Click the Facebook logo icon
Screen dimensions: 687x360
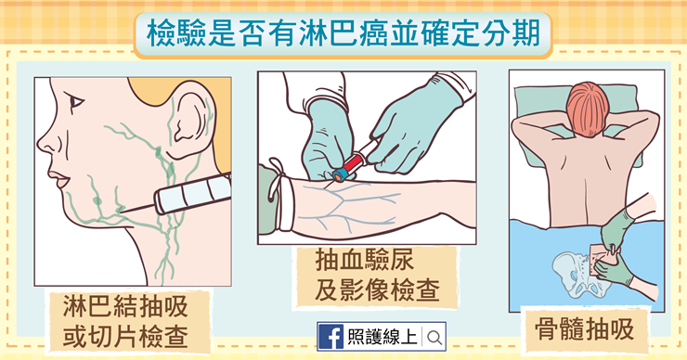tap(331, 337)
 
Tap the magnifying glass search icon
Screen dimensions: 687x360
tap(434, 338)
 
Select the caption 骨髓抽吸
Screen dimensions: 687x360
tap(585, 329)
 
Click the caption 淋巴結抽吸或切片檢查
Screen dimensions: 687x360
tap(125, 321)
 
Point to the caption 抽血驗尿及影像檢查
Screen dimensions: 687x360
tap(377, 275)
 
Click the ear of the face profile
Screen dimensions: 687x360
tap(189, 120)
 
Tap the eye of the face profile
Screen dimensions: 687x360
tap(77, 102)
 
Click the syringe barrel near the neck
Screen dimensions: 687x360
tap(193, 194)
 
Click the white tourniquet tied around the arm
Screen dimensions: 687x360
tap(280, 196)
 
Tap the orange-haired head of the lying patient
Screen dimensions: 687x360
tap(587, 109)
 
